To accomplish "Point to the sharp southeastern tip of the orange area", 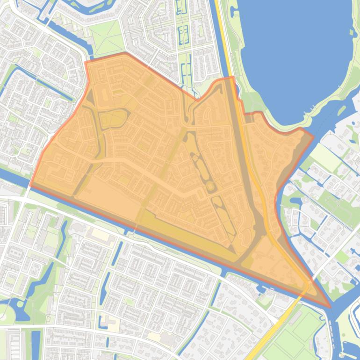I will pos(330,307).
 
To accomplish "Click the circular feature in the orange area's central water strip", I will pos(211,187).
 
